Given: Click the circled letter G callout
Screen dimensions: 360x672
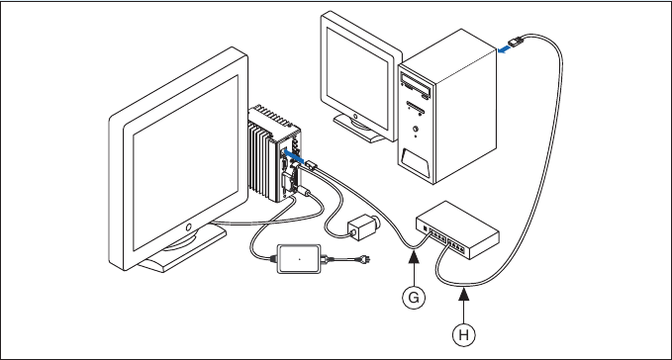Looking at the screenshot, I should tap(417, 296).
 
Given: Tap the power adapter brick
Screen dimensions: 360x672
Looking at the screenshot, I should tap(298, 257).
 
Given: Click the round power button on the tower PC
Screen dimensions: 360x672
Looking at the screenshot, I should tap(417, 128).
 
